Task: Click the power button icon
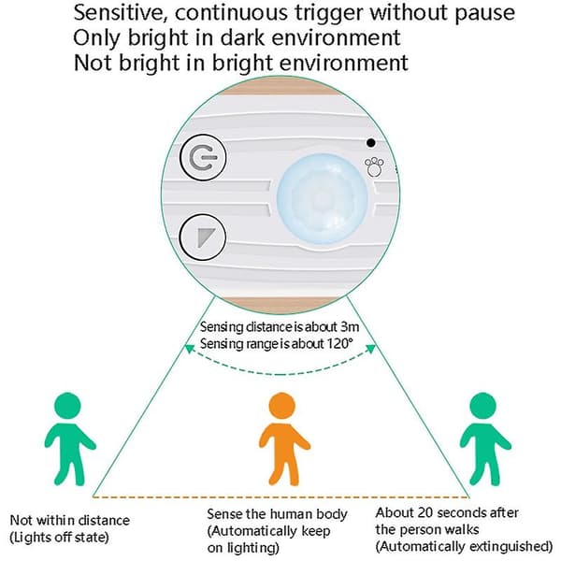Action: [x=203, y=157]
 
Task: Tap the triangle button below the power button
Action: [x=203, y=237]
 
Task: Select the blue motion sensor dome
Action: [x=323, y=199]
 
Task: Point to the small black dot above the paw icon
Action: [x=371, y=143]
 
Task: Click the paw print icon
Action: [x=374, y=167]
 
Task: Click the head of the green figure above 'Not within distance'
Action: [x=67, y=406]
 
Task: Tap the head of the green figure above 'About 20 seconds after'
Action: [x=482, y=406]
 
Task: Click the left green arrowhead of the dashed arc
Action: [x=189, y=348]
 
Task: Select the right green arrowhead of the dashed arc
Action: [x=370, y=348]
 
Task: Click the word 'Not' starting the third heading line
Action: [x=93, y=63]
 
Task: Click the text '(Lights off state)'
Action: [x=59, y=538]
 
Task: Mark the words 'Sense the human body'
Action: [x=277, y=514]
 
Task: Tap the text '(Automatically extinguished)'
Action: [x=464, y=547]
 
